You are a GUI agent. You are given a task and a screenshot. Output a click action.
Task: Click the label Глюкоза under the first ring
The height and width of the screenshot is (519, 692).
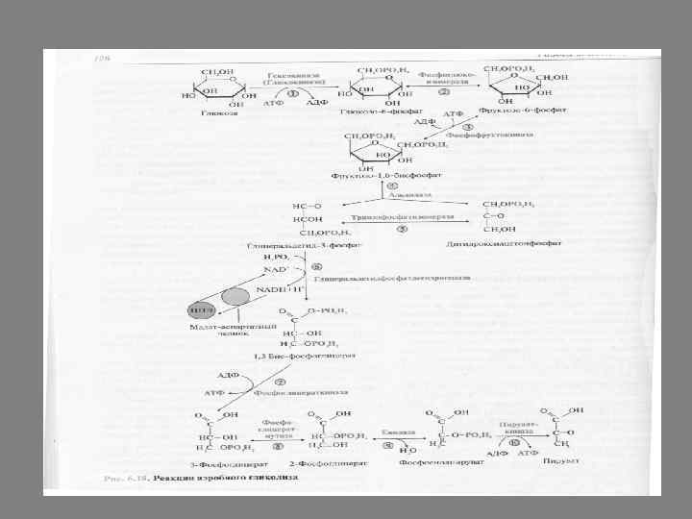(213, 112)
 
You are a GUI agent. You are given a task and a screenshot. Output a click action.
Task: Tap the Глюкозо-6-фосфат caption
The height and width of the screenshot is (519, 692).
(369, 112)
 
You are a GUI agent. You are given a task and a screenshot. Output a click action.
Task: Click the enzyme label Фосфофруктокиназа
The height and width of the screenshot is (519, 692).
(482, 135)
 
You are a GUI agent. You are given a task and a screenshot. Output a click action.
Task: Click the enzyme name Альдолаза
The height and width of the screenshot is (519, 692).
(414, 195)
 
